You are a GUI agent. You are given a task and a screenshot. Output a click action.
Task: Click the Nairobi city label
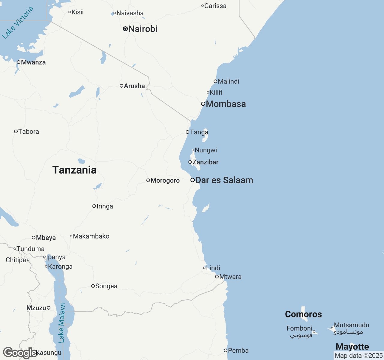(x=143, y=29)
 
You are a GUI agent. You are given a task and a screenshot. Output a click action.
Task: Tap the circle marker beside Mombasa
(x=203, y=104)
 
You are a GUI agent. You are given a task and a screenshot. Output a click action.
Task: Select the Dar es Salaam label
(x=224, y=180)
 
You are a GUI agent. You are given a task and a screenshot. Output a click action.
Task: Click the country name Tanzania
(x=74, y=170)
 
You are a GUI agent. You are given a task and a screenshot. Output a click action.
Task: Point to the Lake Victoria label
(x=17, y=23)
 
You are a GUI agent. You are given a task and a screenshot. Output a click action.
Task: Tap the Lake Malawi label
(x=62, y=323)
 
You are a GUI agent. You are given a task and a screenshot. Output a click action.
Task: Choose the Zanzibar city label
(x=205, y=162)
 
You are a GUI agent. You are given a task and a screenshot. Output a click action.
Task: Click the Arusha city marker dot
(x=121, y=86)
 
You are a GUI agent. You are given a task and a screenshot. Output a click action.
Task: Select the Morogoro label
(x=165, y=180)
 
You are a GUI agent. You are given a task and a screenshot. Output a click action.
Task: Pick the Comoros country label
(x=303, y=314)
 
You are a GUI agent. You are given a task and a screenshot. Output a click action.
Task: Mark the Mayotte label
(x=352, y=346)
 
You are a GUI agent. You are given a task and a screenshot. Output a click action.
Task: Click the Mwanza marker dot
(x=19, y=62)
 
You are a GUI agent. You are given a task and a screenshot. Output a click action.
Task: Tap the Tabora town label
(x=28, y=131)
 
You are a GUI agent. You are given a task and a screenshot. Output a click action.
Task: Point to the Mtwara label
(x=230, y=277)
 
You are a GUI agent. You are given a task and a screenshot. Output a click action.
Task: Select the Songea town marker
(x=93, y=286)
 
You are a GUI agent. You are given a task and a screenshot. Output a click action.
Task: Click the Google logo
(x=20, y=353)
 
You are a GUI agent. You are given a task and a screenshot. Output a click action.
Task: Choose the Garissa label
(x=215, y=6)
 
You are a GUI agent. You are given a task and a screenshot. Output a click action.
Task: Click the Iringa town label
(x=105, y=206)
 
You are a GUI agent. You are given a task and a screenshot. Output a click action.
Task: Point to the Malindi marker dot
(x=215, y=81)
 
